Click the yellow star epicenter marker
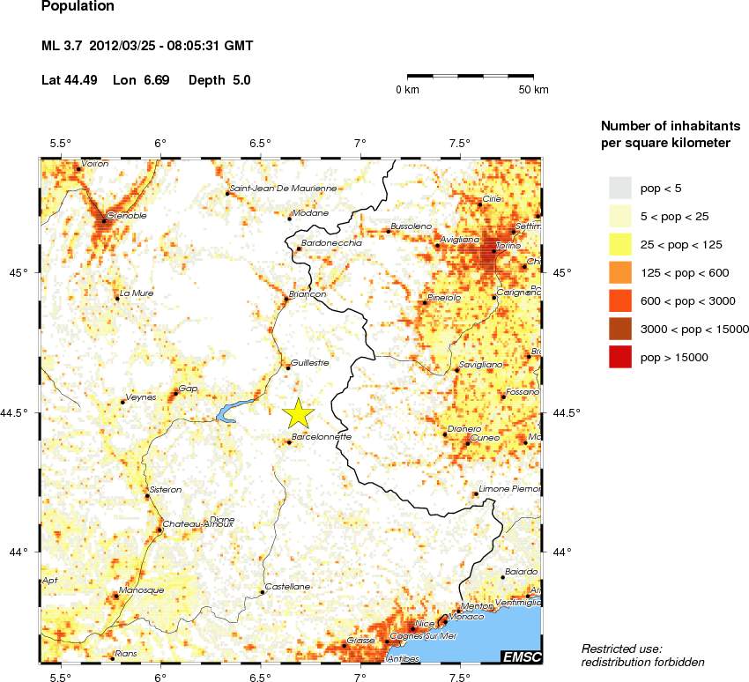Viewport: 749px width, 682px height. click(299, 412)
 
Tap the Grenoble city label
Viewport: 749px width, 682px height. click(126, 215)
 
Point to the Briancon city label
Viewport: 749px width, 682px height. click(308, 294)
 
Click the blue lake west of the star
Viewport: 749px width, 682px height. click(232, 411)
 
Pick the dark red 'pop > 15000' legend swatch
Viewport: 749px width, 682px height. click(620, 357)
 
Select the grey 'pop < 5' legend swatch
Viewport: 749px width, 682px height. click(620, 188)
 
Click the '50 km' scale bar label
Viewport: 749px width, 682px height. click(532, 90)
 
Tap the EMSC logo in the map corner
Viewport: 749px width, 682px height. click(521, 656)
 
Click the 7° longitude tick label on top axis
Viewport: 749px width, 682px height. click(360, 143)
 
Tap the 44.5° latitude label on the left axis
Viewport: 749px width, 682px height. click(20, 412)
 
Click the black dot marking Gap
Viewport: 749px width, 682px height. click(174, 393)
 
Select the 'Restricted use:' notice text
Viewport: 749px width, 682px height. click(620, 649)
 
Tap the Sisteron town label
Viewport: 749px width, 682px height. click(166, 489)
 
